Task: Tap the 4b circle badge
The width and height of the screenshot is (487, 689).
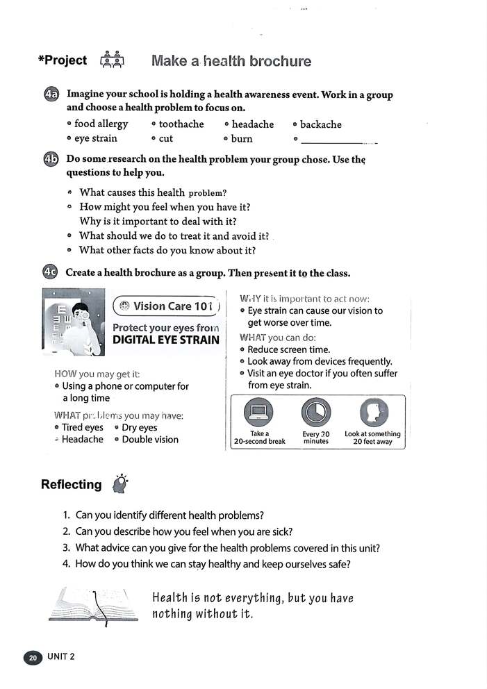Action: (x=51, y=159)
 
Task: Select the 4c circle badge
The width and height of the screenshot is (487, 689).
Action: (x=51, y=272)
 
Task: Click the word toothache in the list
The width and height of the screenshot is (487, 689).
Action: (x=181, y=124)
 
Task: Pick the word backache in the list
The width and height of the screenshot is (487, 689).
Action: (x=320, y=124)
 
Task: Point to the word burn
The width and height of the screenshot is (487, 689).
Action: (x=242, y=139)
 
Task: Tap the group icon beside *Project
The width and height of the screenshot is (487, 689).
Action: (x=112, y=60)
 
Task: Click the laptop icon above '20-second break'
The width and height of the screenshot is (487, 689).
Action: (x=258, y=413)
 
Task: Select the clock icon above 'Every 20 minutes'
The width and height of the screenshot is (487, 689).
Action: (x=315, y=413)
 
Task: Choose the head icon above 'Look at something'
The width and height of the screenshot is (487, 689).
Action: (x=372, y=413)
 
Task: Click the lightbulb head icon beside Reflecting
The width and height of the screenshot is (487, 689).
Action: (x=121, y=483)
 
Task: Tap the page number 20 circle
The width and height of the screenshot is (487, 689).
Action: (x=33, y=657)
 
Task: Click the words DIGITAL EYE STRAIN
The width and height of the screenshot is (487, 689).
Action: (x=165, y=340)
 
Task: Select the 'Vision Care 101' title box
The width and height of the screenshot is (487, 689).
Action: (x=166, y=306)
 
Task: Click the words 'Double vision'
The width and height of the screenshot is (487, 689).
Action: (x=149, y=440)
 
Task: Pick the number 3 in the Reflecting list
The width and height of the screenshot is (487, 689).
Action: (x=66, y=548)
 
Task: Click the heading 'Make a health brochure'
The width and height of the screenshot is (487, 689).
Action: (x=231, y=61)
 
